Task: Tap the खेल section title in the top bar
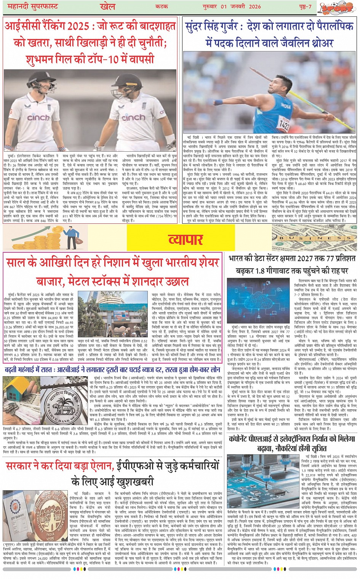(x=107, y=6)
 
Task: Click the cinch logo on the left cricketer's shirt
(x=38, y=117)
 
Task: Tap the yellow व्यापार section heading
(x=185, y=239)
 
